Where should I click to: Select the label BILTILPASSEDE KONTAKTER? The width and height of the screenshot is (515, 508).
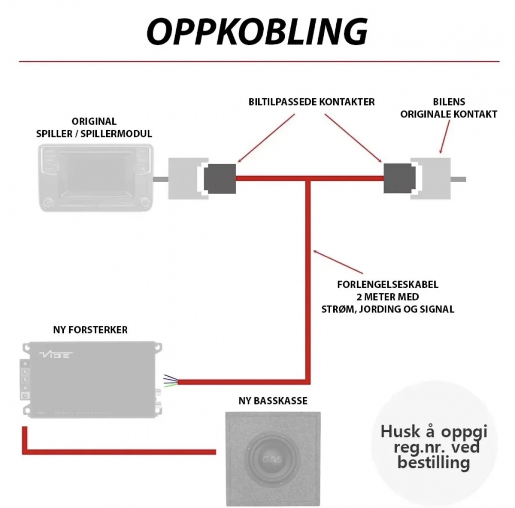tap(312, 102)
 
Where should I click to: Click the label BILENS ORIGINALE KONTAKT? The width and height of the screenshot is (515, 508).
tap(449, 108)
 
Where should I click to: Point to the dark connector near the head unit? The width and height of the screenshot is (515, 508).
tap(220, 178)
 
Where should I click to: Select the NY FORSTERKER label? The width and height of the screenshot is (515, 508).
tap(90, 329)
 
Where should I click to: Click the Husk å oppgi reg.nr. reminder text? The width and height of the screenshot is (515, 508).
tap(433, 446)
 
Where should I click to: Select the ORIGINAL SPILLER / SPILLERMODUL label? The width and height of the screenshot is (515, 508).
tap(94, 128)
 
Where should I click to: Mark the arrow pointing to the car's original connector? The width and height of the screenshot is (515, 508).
tap(447, 138)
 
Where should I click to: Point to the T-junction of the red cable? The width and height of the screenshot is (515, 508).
tap(309, 179)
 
